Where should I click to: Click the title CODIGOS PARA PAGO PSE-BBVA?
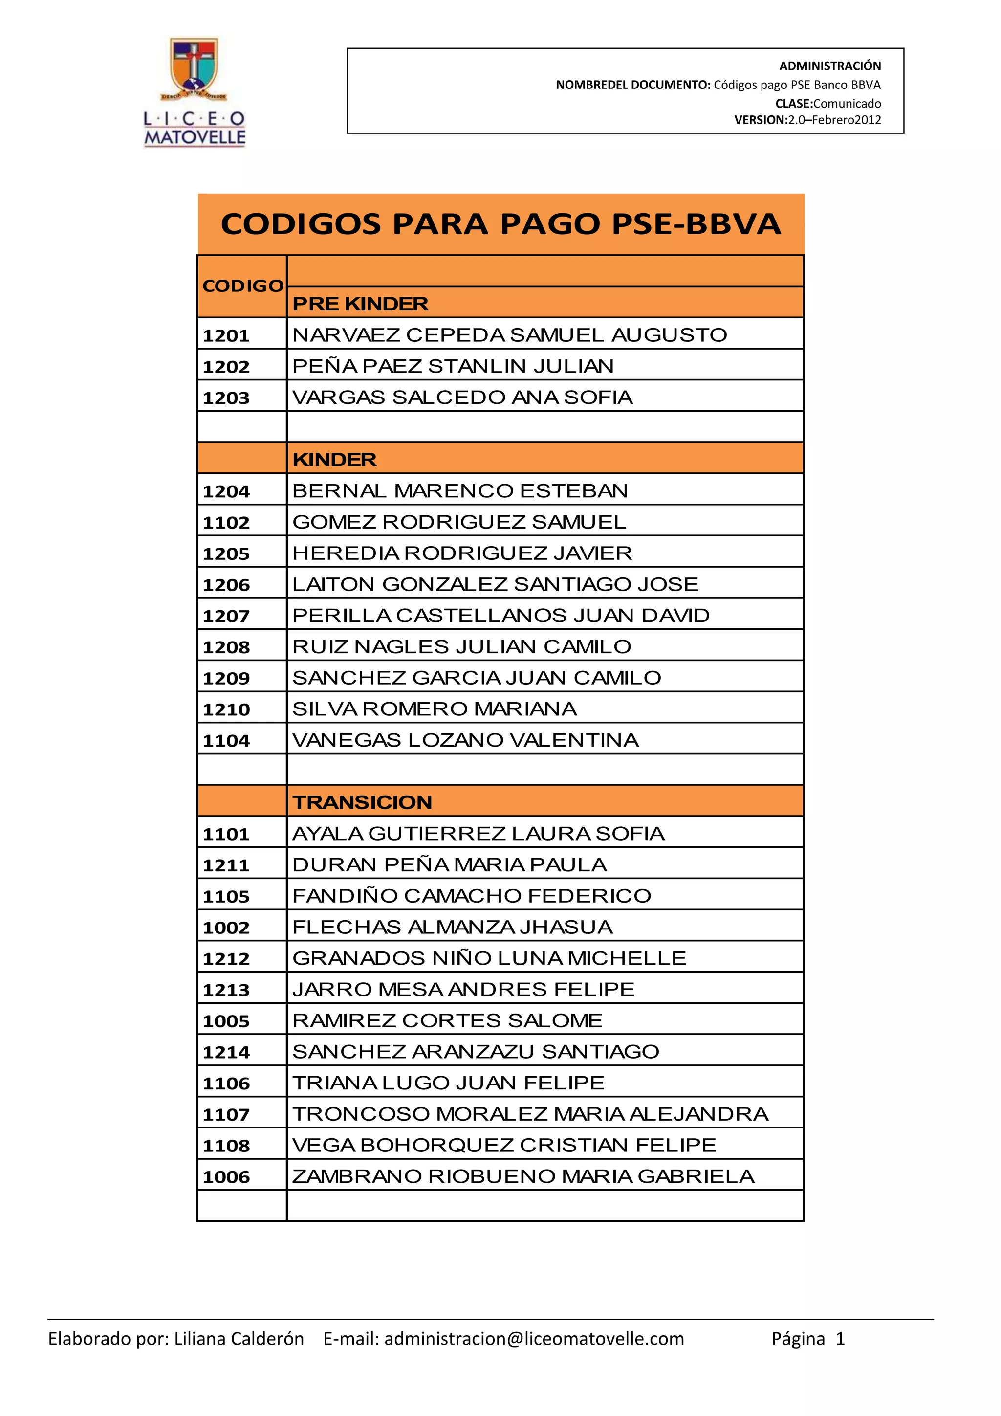coord(500,224)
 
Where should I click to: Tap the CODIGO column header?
coord(242,286)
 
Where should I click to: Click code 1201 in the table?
coord(226,335)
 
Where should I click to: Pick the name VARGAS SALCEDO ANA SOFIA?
coord(462,397)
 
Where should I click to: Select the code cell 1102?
coord(226,522)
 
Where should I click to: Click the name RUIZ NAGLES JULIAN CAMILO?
coord(462,646)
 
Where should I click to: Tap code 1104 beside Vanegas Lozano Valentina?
coord(226,740)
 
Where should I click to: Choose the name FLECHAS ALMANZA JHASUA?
coord(453,927)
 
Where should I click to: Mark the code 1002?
coord(226,928)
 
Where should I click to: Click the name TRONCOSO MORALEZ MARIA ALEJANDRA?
coord(530,1114)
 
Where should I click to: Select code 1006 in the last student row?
coord(226,1177)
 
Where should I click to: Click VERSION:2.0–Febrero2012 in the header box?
coord(807,120)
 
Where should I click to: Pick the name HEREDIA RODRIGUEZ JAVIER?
coord(462,553)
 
